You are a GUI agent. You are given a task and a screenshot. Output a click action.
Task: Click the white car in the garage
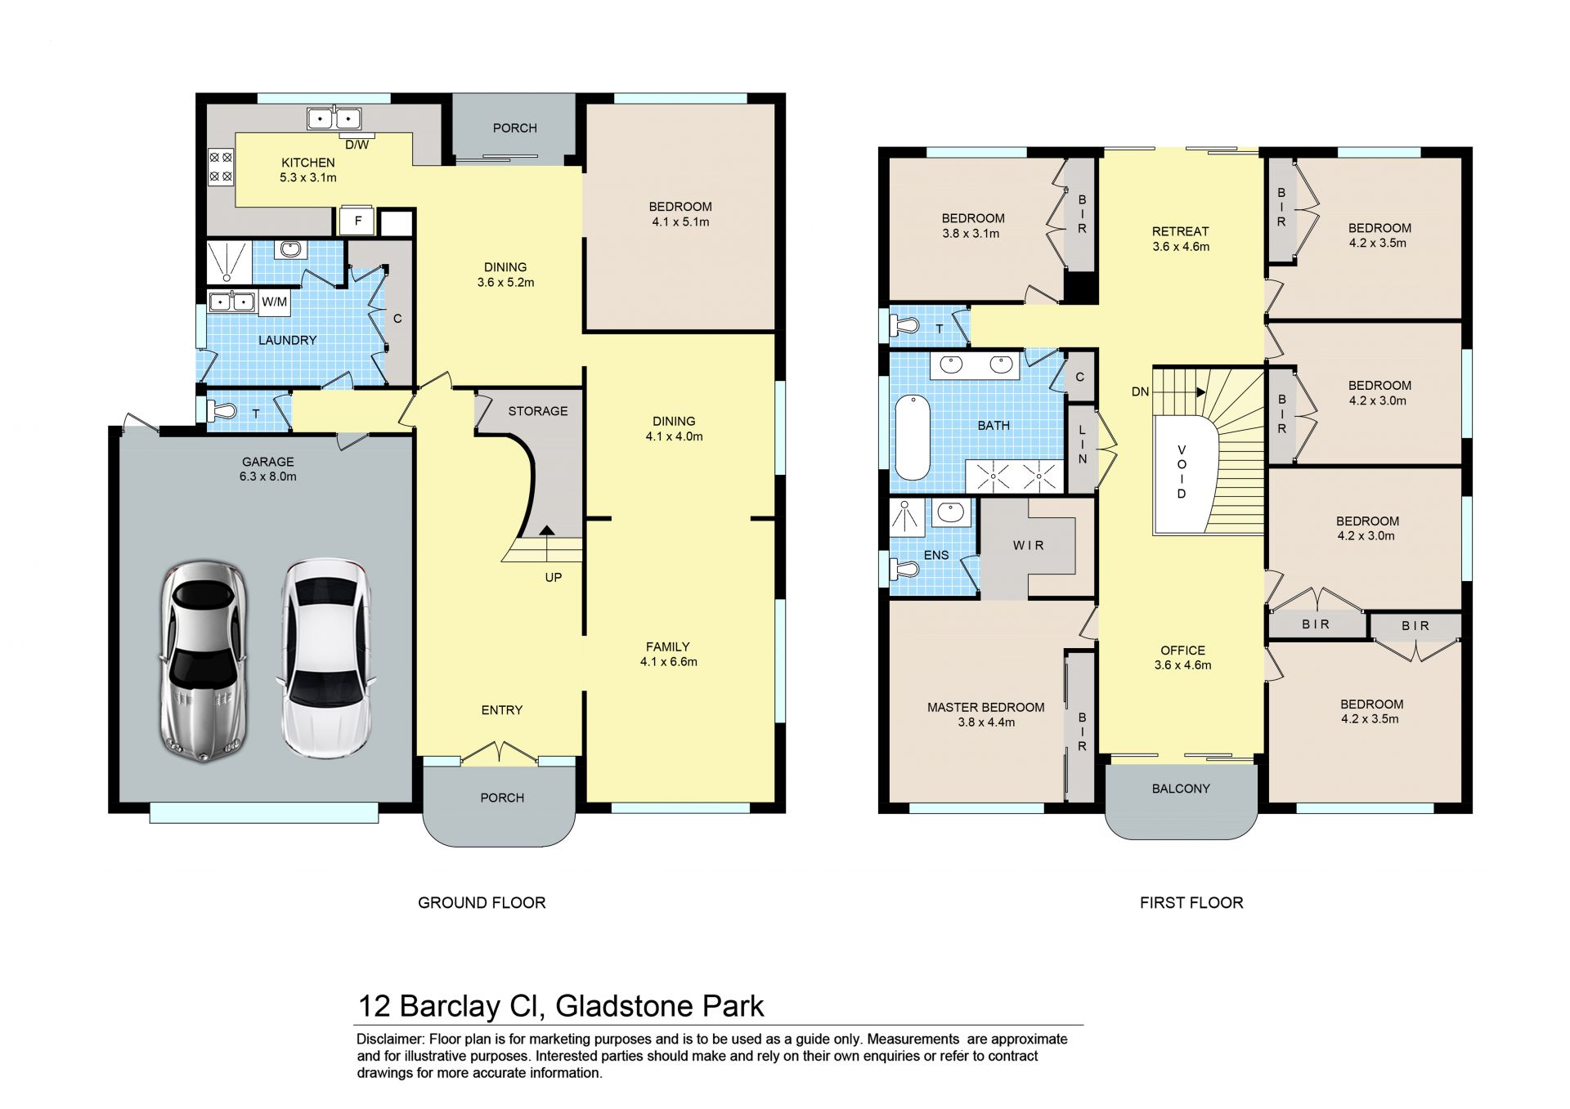(326, 658)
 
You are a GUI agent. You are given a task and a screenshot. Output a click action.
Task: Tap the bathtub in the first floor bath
(913, 437)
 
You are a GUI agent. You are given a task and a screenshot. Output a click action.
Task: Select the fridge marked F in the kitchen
(357, 221)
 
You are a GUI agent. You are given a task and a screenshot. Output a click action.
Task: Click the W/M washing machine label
(275, 302)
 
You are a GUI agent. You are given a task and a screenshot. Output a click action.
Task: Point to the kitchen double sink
(334, 119)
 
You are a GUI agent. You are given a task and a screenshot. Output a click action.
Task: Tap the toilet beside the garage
(224, 410)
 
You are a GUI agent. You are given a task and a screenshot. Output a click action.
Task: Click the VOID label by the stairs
(1182, 472)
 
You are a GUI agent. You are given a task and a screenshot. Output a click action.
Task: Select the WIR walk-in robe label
(1029, 545)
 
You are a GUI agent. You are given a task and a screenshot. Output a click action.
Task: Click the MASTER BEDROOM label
(985, 707)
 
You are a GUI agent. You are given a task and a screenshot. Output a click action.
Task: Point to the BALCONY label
(1181, 789)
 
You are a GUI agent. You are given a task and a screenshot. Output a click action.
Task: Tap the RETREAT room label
(1180, 231)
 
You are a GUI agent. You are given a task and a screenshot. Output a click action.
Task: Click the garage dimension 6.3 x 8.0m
(267, 476)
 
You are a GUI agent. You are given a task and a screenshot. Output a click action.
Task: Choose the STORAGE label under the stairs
(538, 411)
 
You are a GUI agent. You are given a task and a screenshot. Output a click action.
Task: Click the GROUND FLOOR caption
(482, 902)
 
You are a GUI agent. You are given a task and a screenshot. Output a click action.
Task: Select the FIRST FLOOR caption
(1191, 902)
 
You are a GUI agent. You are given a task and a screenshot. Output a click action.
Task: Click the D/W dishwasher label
(357, 145)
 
